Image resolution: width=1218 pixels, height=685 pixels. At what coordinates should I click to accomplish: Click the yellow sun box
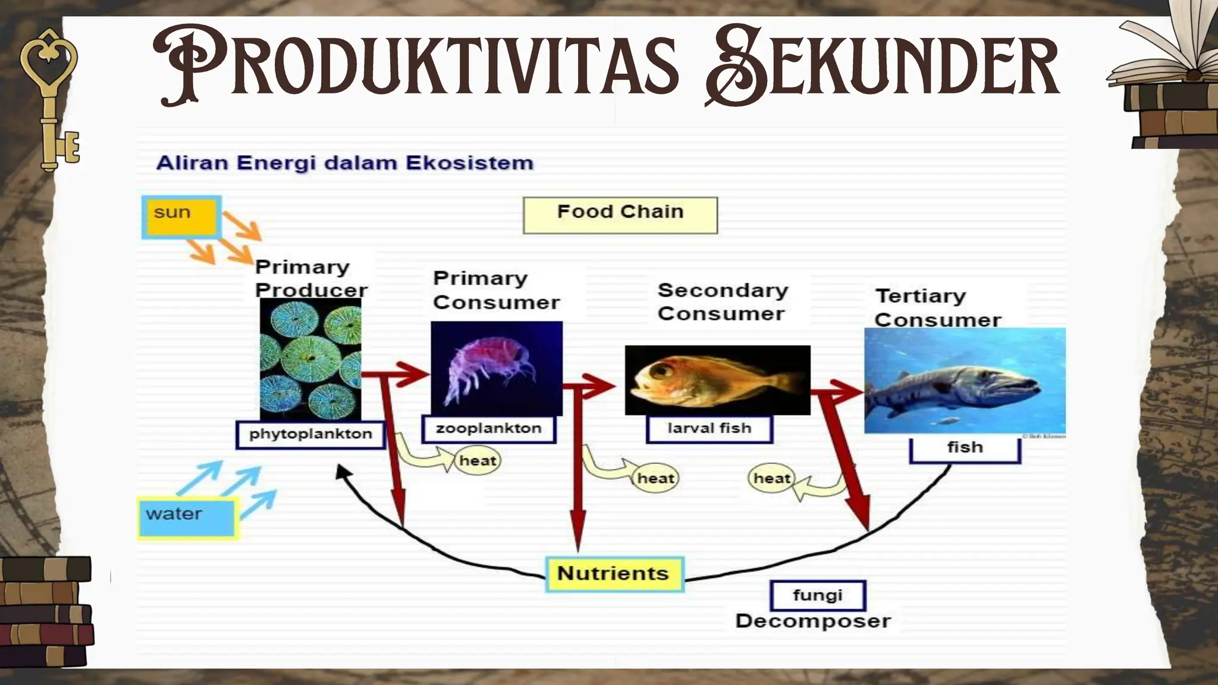181,218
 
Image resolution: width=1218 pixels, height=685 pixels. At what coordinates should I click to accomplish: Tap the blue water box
187,518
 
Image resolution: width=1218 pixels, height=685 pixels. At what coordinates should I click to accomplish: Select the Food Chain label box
620,215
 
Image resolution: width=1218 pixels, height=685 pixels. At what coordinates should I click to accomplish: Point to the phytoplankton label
310,435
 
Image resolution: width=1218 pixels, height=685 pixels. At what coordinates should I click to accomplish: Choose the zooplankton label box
488,429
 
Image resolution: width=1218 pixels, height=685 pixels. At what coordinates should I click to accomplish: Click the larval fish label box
709,429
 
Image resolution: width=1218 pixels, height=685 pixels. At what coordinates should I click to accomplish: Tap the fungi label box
818,596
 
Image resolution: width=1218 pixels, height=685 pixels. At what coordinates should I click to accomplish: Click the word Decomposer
812,621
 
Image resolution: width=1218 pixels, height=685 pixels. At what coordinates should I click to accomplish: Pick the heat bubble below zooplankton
478,461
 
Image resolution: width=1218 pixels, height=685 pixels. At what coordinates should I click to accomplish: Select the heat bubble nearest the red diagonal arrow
771,479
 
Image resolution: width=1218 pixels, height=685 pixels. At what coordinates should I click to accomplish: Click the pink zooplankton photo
496,368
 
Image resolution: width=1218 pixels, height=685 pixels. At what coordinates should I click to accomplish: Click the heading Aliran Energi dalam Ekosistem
344,163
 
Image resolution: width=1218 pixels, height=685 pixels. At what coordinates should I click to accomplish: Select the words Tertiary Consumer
938,307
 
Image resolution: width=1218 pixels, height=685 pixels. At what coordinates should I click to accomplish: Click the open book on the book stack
1166,54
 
